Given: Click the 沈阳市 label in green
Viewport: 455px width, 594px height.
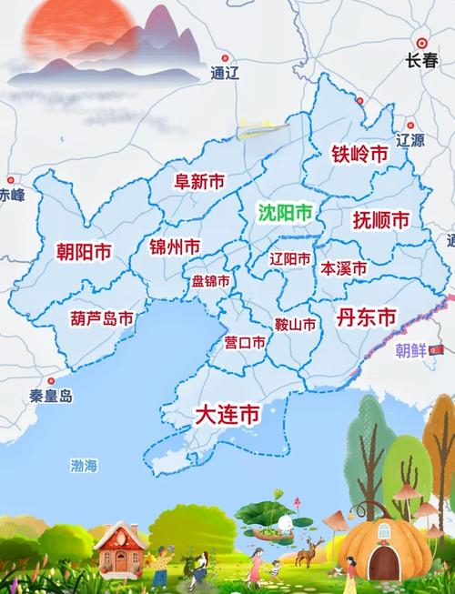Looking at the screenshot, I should [x=285, y=213].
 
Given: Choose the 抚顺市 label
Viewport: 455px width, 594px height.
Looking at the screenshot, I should [x=380, y=219].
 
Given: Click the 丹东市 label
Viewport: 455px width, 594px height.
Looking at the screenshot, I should [x=367, y=317].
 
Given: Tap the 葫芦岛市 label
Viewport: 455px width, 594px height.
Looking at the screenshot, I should [x=102, y=318].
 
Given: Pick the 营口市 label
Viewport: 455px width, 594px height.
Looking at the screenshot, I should [x=245, y=342].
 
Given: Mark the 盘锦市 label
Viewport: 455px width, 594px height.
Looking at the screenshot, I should [x=210, y=281].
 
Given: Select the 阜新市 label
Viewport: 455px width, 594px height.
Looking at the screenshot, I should [x=199, y=183].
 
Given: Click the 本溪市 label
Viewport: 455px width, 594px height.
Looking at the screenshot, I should [x=344, y=269].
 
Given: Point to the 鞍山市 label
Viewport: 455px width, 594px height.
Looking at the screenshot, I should [x=295, y=324].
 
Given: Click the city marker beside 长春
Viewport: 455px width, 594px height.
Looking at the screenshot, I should [x=421, y=42].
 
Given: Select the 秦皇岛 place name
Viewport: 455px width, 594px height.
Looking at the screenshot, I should [x=52, y=395].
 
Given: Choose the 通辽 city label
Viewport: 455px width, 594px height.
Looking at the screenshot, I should [x=224, y=74].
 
